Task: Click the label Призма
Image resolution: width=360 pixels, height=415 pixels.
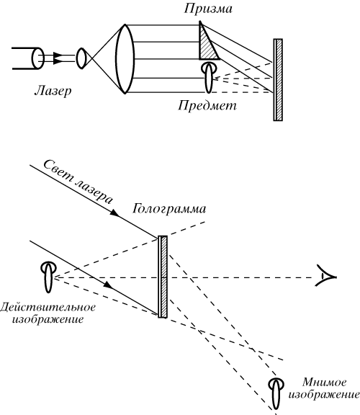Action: [208, 9]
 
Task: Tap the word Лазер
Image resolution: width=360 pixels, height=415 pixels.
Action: [53, 91]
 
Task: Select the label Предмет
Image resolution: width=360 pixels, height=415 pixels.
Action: [207, 105]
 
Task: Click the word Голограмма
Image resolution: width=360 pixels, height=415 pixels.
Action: [169, 209]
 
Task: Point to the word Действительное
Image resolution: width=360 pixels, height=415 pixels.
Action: [48, 308]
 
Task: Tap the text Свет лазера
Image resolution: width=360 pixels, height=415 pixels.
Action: [78, 182]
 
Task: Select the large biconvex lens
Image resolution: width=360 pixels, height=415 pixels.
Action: [125, 59]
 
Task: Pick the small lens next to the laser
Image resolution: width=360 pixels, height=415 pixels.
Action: [81, 58]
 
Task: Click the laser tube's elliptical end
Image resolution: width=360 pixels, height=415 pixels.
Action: [38, 58]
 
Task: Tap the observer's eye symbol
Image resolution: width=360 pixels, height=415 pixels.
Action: [326, 277]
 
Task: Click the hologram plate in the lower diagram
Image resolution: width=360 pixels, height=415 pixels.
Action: [163, 277]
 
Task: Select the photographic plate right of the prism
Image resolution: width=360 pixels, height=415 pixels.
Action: [278, 80]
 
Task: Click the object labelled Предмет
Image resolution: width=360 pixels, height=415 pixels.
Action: [209, 77]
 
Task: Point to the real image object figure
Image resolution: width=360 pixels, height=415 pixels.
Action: [48, 277]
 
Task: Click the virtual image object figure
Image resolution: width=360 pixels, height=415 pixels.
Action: [276, 394]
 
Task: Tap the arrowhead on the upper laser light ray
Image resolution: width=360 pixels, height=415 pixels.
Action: [114, 213]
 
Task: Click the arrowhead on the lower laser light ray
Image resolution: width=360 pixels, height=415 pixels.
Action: [108, 285]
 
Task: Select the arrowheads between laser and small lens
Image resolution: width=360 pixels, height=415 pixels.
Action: [58, 58]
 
